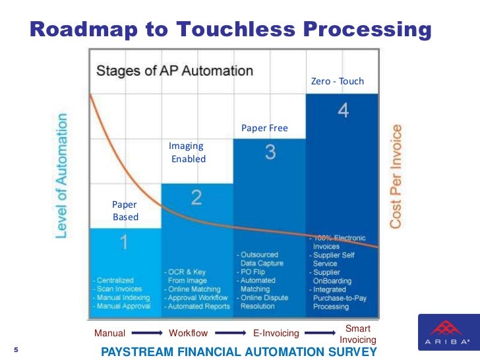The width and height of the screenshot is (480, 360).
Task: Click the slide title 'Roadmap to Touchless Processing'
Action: click(x=231, y=29)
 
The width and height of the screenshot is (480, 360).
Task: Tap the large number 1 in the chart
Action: click(x=123, y=243)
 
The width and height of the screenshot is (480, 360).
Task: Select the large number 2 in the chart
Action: click(x=196, y=197)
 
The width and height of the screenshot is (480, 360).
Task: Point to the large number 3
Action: click(x=270, y=152)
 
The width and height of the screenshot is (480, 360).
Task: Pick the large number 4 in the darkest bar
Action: click(x=343, y=111)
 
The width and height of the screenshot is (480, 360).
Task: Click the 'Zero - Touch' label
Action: click(x=337, y=82)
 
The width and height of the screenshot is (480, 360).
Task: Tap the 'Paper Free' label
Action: click(x=264, y=128)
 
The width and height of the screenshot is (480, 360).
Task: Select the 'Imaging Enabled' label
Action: click(x=187, y=152)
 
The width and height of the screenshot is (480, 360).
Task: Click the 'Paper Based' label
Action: click(x=125, y=211)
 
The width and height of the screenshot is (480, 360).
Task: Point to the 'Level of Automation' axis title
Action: click(x=61, y=175)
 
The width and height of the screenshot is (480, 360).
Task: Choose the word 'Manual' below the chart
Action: click(x=109, y=333)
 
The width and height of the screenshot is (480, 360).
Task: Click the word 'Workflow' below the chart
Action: click(x=189, y=333)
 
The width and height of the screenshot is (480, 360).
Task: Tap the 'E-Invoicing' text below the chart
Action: click(x=276, y=333)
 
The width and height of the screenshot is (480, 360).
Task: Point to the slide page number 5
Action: click(x=16, y=349)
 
